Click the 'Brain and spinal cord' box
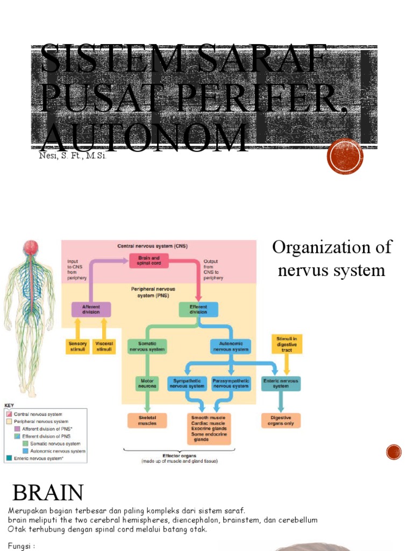click(145, 261)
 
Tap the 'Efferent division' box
click(198, 309)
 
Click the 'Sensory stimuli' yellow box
click(78, 346)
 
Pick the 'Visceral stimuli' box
click(104, 346)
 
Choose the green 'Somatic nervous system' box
click(147, 346)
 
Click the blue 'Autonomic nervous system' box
click(231, 346)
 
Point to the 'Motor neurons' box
click(147, 383)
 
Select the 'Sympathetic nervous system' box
click(187, 383)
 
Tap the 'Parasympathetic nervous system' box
click(231, 383)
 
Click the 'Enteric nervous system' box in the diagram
click(280, 383)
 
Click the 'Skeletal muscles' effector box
click(147, 420)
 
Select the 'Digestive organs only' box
click(280, 420)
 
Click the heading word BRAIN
click(48, 492)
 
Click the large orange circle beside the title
click(345, 156)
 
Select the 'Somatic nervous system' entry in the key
click(54, 444)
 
